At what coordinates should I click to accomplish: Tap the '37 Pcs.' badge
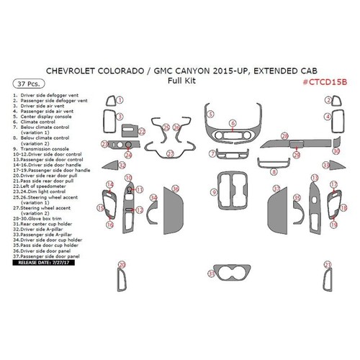coord(24,84)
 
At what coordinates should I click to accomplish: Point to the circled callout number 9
coord(214,192)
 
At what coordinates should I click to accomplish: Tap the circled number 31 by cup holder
coord(211,274)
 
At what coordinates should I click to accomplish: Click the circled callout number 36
coord(176,188)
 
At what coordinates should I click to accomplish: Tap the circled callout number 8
coord(271,171)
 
